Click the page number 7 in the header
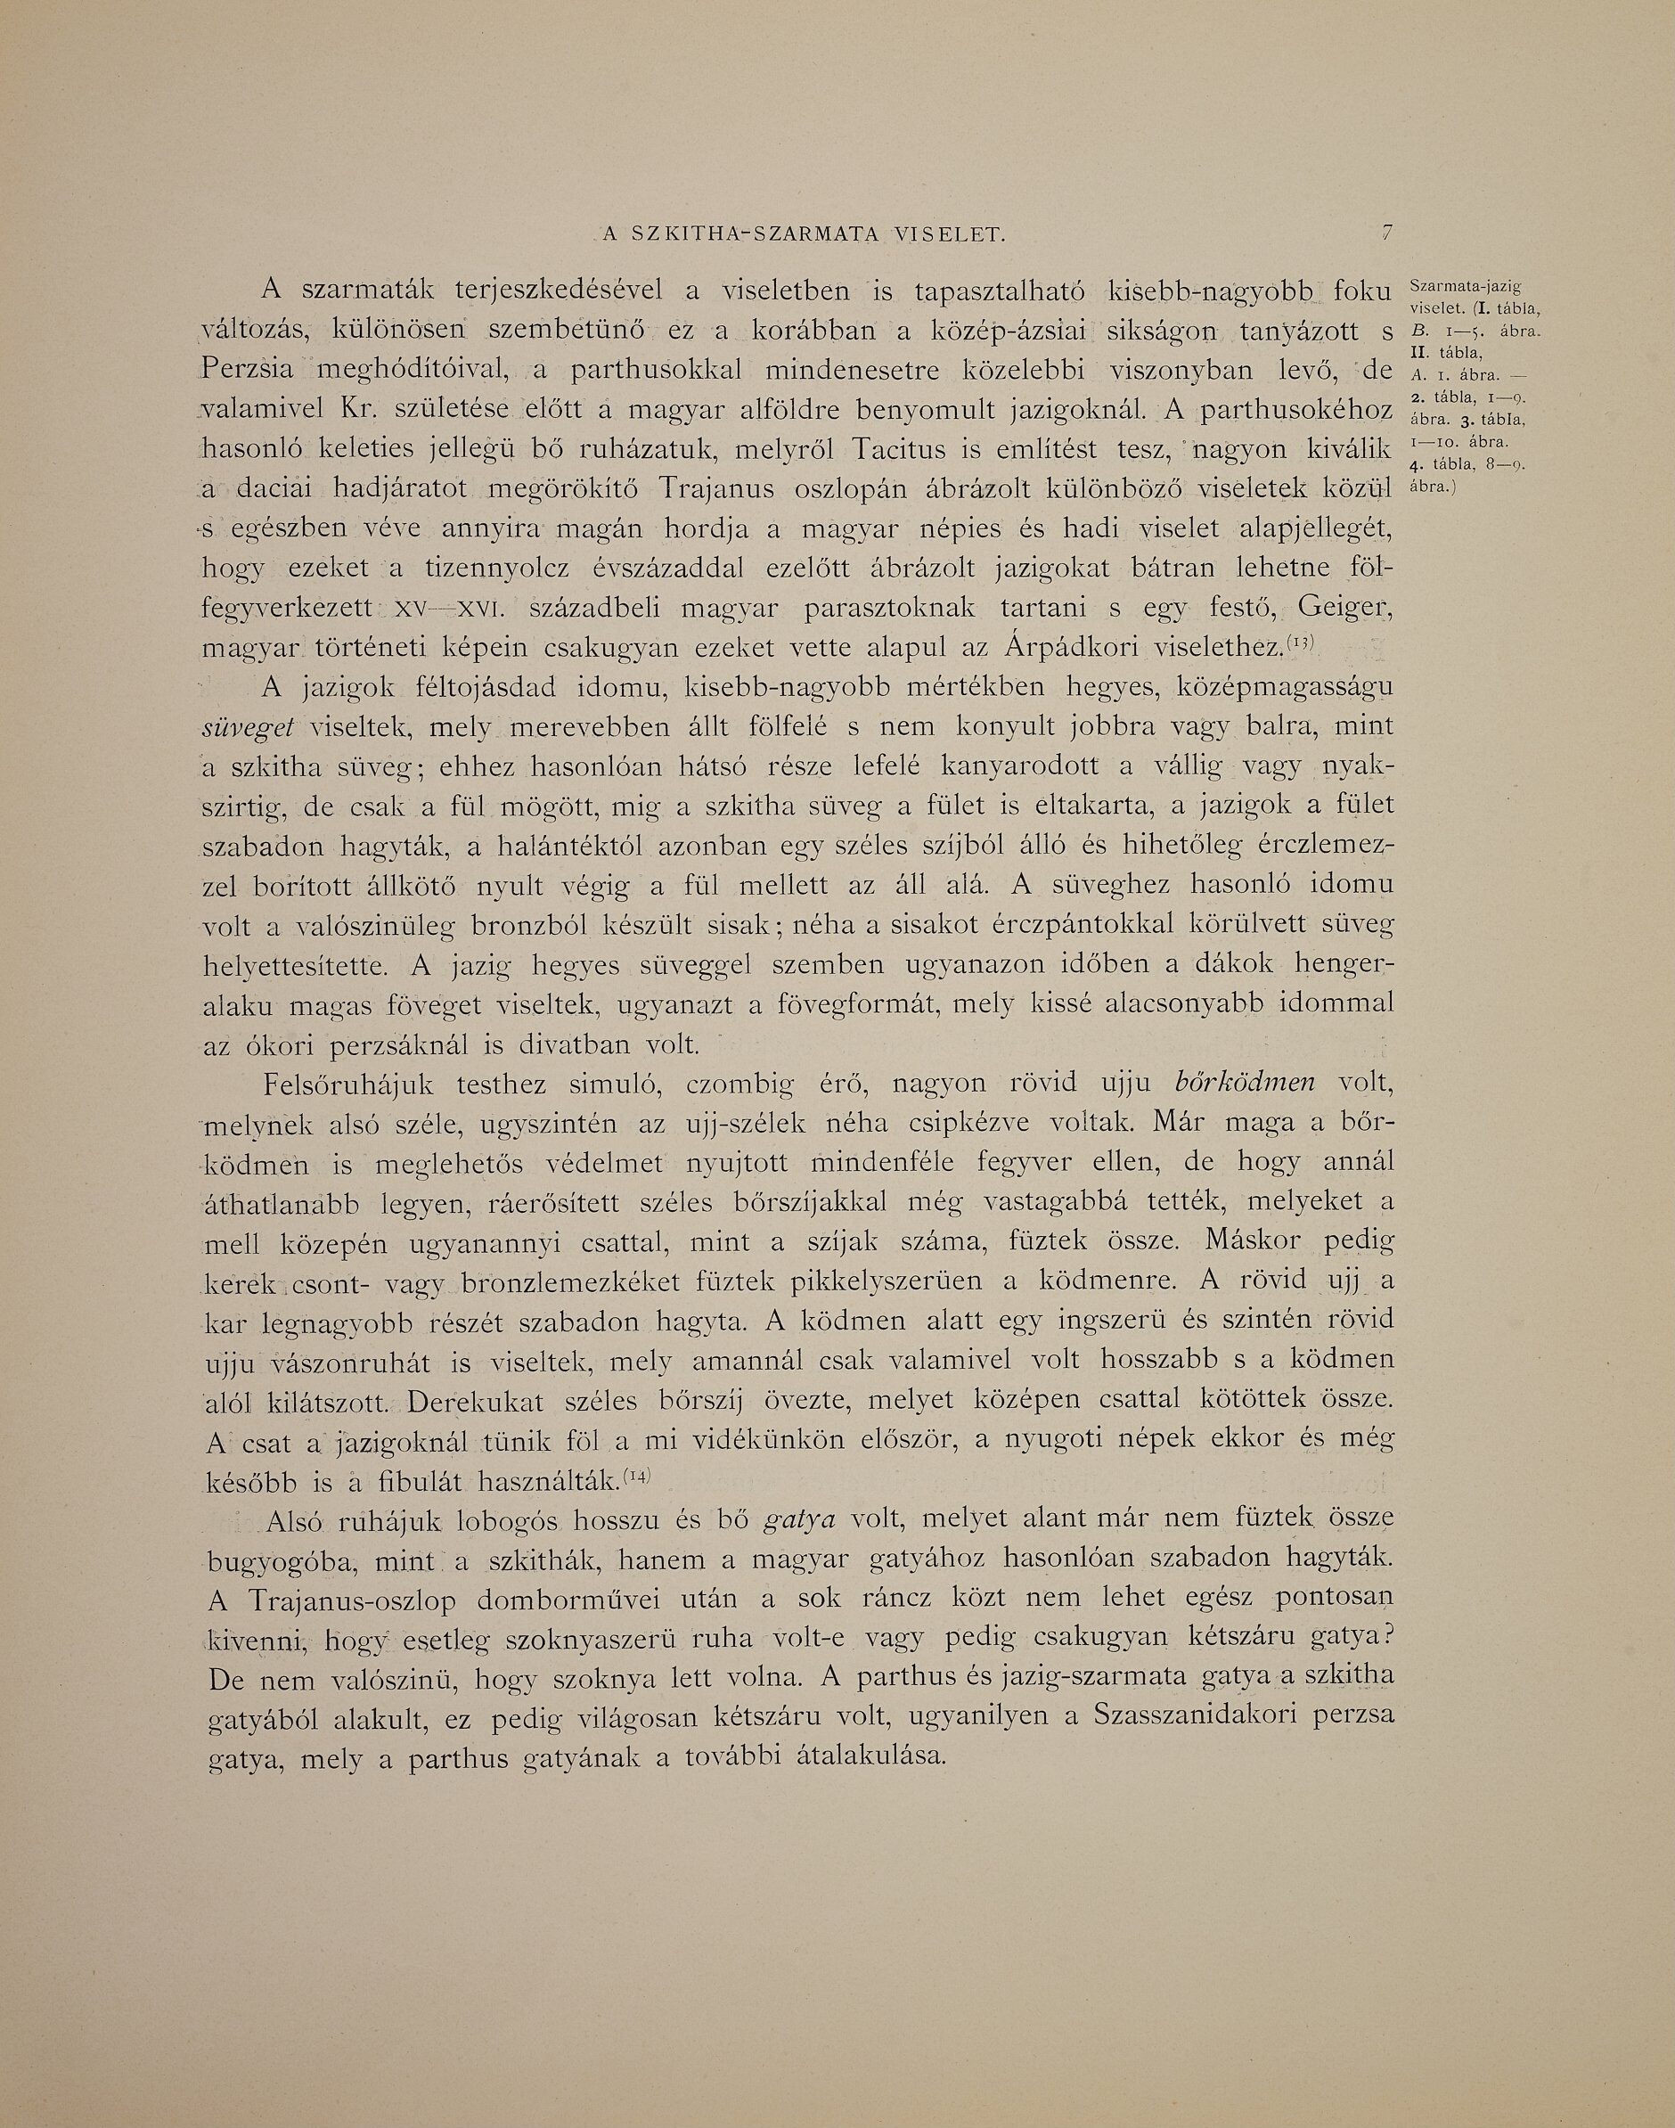click(1385, 233)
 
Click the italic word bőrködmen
click(1244, 1084)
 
